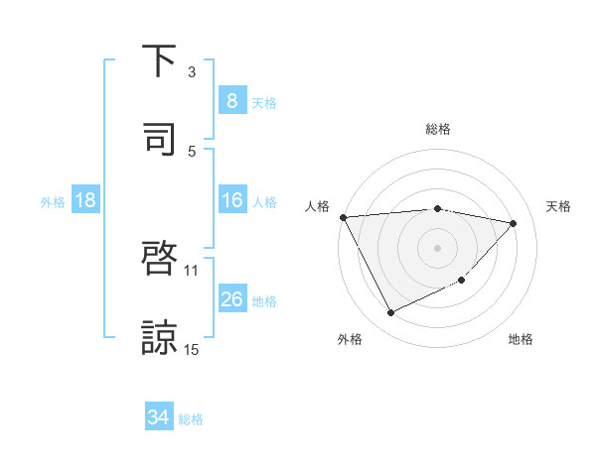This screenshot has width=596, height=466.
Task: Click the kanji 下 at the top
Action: (159, 61)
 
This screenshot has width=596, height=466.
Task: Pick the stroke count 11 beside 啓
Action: (192, 270)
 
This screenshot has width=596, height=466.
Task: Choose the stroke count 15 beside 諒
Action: (192, 349)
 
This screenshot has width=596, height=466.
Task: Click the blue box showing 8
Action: (231, 100)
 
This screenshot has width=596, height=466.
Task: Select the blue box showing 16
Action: (231, 201)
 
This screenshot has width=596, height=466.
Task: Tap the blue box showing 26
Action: (231, 299)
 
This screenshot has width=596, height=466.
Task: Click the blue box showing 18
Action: (85, 201)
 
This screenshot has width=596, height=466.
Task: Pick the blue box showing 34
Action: (158, 417)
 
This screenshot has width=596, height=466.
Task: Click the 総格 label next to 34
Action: (191, 419)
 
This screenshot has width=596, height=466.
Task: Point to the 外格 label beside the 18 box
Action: (53, 202)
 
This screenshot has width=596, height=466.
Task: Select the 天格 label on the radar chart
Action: (558, 206)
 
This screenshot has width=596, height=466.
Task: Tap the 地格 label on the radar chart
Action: (521, 339)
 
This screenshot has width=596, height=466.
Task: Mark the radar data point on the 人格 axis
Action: (343, 217)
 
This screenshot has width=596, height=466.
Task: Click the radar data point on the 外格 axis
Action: (390, 313)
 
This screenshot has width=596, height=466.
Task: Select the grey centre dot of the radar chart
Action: (437, 247)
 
